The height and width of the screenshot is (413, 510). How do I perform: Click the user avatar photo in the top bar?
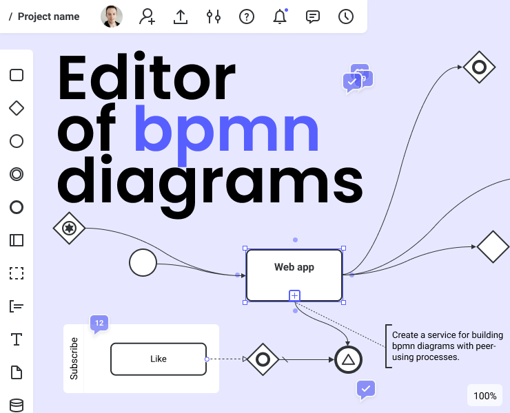tap(112, 17)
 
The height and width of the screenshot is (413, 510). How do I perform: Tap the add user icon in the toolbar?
tap(147, 17)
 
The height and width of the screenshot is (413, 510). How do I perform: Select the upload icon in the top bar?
tap(181, 17)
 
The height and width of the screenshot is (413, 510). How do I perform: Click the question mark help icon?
tap(247, 17)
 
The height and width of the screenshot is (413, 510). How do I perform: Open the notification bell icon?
tap(280, 17)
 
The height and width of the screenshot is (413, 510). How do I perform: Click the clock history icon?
tap(346, 17)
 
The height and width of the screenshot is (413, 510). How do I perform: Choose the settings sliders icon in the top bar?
tap(214, 17)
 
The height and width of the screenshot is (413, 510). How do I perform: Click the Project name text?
tap(48, 17)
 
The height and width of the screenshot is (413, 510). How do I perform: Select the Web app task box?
tap(294, 275)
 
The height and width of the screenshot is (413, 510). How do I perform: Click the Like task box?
tap(158, 359)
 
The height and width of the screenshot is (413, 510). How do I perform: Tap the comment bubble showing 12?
tap(99, 323)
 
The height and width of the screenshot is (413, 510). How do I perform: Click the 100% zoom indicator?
tap(484, 396)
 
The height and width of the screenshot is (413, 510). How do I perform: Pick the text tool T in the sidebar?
tap(17, 339)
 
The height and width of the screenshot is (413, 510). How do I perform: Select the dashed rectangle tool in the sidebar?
tap(17, 273)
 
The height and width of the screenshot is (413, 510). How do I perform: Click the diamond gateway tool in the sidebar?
tap(17, 108)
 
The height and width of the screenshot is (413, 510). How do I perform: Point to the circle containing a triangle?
tap(348, 359)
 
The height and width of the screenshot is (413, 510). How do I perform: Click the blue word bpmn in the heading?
tap(226, 129)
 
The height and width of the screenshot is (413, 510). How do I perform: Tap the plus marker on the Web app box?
tap(294, 296)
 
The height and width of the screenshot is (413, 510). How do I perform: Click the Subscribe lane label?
tap(74, 359)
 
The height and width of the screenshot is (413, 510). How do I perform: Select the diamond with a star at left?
tap(69, 228)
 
